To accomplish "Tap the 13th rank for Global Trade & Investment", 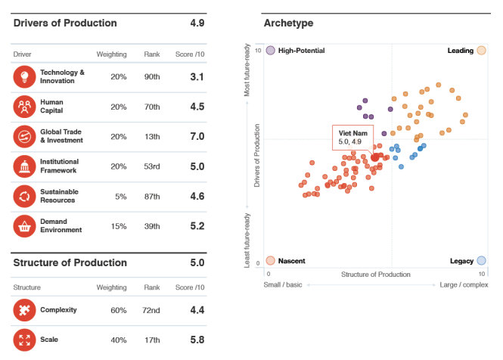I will (152, 136).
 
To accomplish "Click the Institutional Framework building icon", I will (24, 166).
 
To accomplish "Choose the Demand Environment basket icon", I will (24, 225).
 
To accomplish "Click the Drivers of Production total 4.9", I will (197, 23).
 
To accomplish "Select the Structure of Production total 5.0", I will (197, 262).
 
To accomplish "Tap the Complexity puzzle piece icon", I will (24, 310).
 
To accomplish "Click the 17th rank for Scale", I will (152, 340).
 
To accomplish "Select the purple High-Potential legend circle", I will (270, 51).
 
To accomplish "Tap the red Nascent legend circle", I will (270, 260).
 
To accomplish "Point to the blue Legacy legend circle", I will (481, 260).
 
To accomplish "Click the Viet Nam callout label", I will (352, 137).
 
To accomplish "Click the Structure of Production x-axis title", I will (375, 274).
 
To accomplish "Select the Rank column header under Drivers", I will (152, 54).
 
